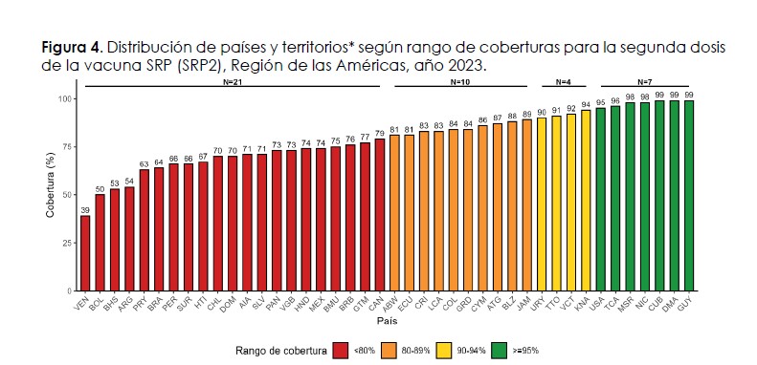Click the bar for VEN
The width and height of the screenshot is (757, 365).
point(85,253)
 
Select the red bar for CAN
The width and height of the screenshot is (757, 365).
point(380,215)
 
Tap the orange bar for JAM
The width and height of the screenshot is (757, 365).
point(527,204)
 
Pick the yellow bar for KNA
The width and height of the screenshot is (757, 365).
point(586,201)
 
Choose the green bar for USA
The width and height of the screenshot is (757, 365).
point(601,200)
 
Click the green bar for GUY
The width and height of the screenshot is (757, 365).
point(689,196)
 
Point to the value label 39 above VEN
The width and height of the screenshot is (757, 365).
point(85,211)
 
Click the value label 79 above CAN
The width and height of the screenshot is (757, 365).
point(380,134)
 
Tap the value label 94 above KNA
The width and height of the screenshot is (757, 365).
point(586,105)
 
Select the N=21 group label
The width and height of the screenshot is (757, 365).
point(233,82)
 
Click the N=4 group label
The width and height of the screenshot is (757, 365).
point(564,82)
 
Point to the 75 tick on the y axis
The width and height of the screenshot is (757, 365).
point(67,146)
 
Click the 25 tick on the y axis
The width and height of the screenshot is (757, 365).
point(67,243)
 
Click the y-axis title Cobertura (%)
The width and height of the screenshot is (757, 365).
point(51,185)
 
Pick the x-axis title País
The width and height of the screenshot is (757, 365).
point(388,321)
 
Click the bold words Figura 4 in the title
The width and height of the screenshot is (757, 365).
point(72,49)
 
